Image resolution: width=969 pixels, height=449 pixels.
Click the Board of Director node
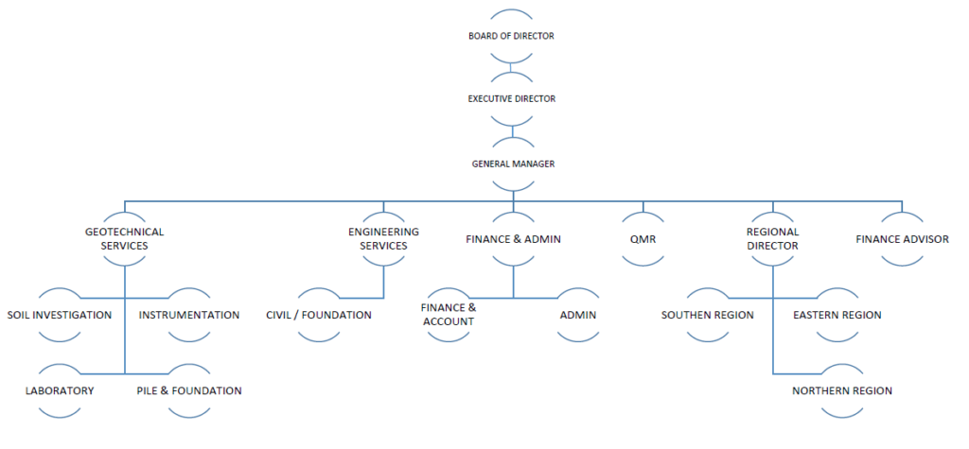pos(511,36)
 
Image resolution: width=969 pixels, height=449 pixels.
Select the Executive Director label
pos(511,98)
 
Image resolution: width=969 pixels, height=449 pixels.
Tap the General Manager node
pos(513,164)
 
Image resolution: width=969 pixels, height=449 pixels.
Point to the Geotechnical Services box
pos(124,238)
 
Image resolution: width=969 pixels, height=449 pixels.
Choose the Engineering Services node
pos(382,238)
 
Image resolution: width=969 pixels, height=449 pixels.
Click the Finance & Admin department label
pos(513,239)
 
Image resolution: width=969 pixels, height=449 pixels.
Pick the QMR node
pos(643,239)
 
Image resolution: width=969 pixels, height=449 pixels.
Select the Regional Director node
pos(772,238)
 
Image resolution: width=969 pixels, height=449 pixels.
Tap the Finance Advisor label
pos(902,239)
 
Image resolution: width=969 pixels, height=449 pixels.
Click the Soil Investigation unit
pos(59,315)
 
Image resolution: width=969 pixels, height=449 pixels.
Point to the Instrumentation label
pos(189,315)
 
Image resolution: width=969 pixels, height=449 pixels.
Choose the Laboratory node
pos(60,390)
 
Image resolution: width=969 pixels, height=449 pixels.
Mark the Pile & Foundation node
pos(189,390)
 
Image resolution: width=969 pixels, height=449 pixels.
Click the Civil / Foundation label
pos(319,315)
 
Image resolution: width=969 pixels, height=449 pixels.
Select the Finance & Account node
pos(448,315)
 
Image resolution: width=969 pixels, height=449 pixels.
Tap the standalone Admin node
pos(578,315)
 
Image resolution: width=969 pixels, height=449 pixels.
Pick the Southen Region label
pos(708,315)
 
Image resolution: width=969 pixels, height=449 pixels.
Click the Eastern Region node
pos(837,315)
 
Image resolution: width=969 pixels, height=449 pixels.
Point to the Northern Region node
pos(842,390)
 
